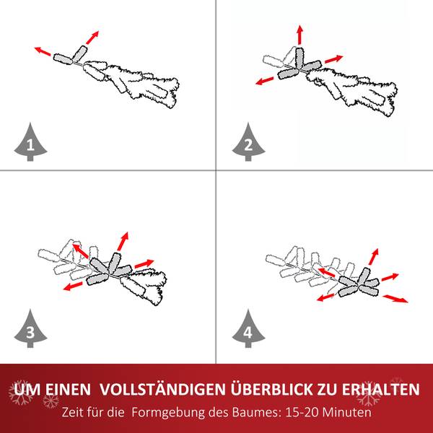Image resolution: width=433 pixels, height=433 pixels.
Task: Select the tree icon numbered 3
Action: [x=30, y=330]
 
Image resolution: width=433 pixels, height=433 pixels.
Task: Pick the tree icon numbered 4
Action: [x=248, y=330]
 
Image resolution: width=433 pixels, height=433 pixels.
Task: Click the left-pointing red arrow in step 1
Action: [x=45, y=52]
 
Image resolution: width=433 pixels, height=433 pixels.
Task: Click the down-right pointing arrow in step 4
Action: [x=395, y=298]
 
